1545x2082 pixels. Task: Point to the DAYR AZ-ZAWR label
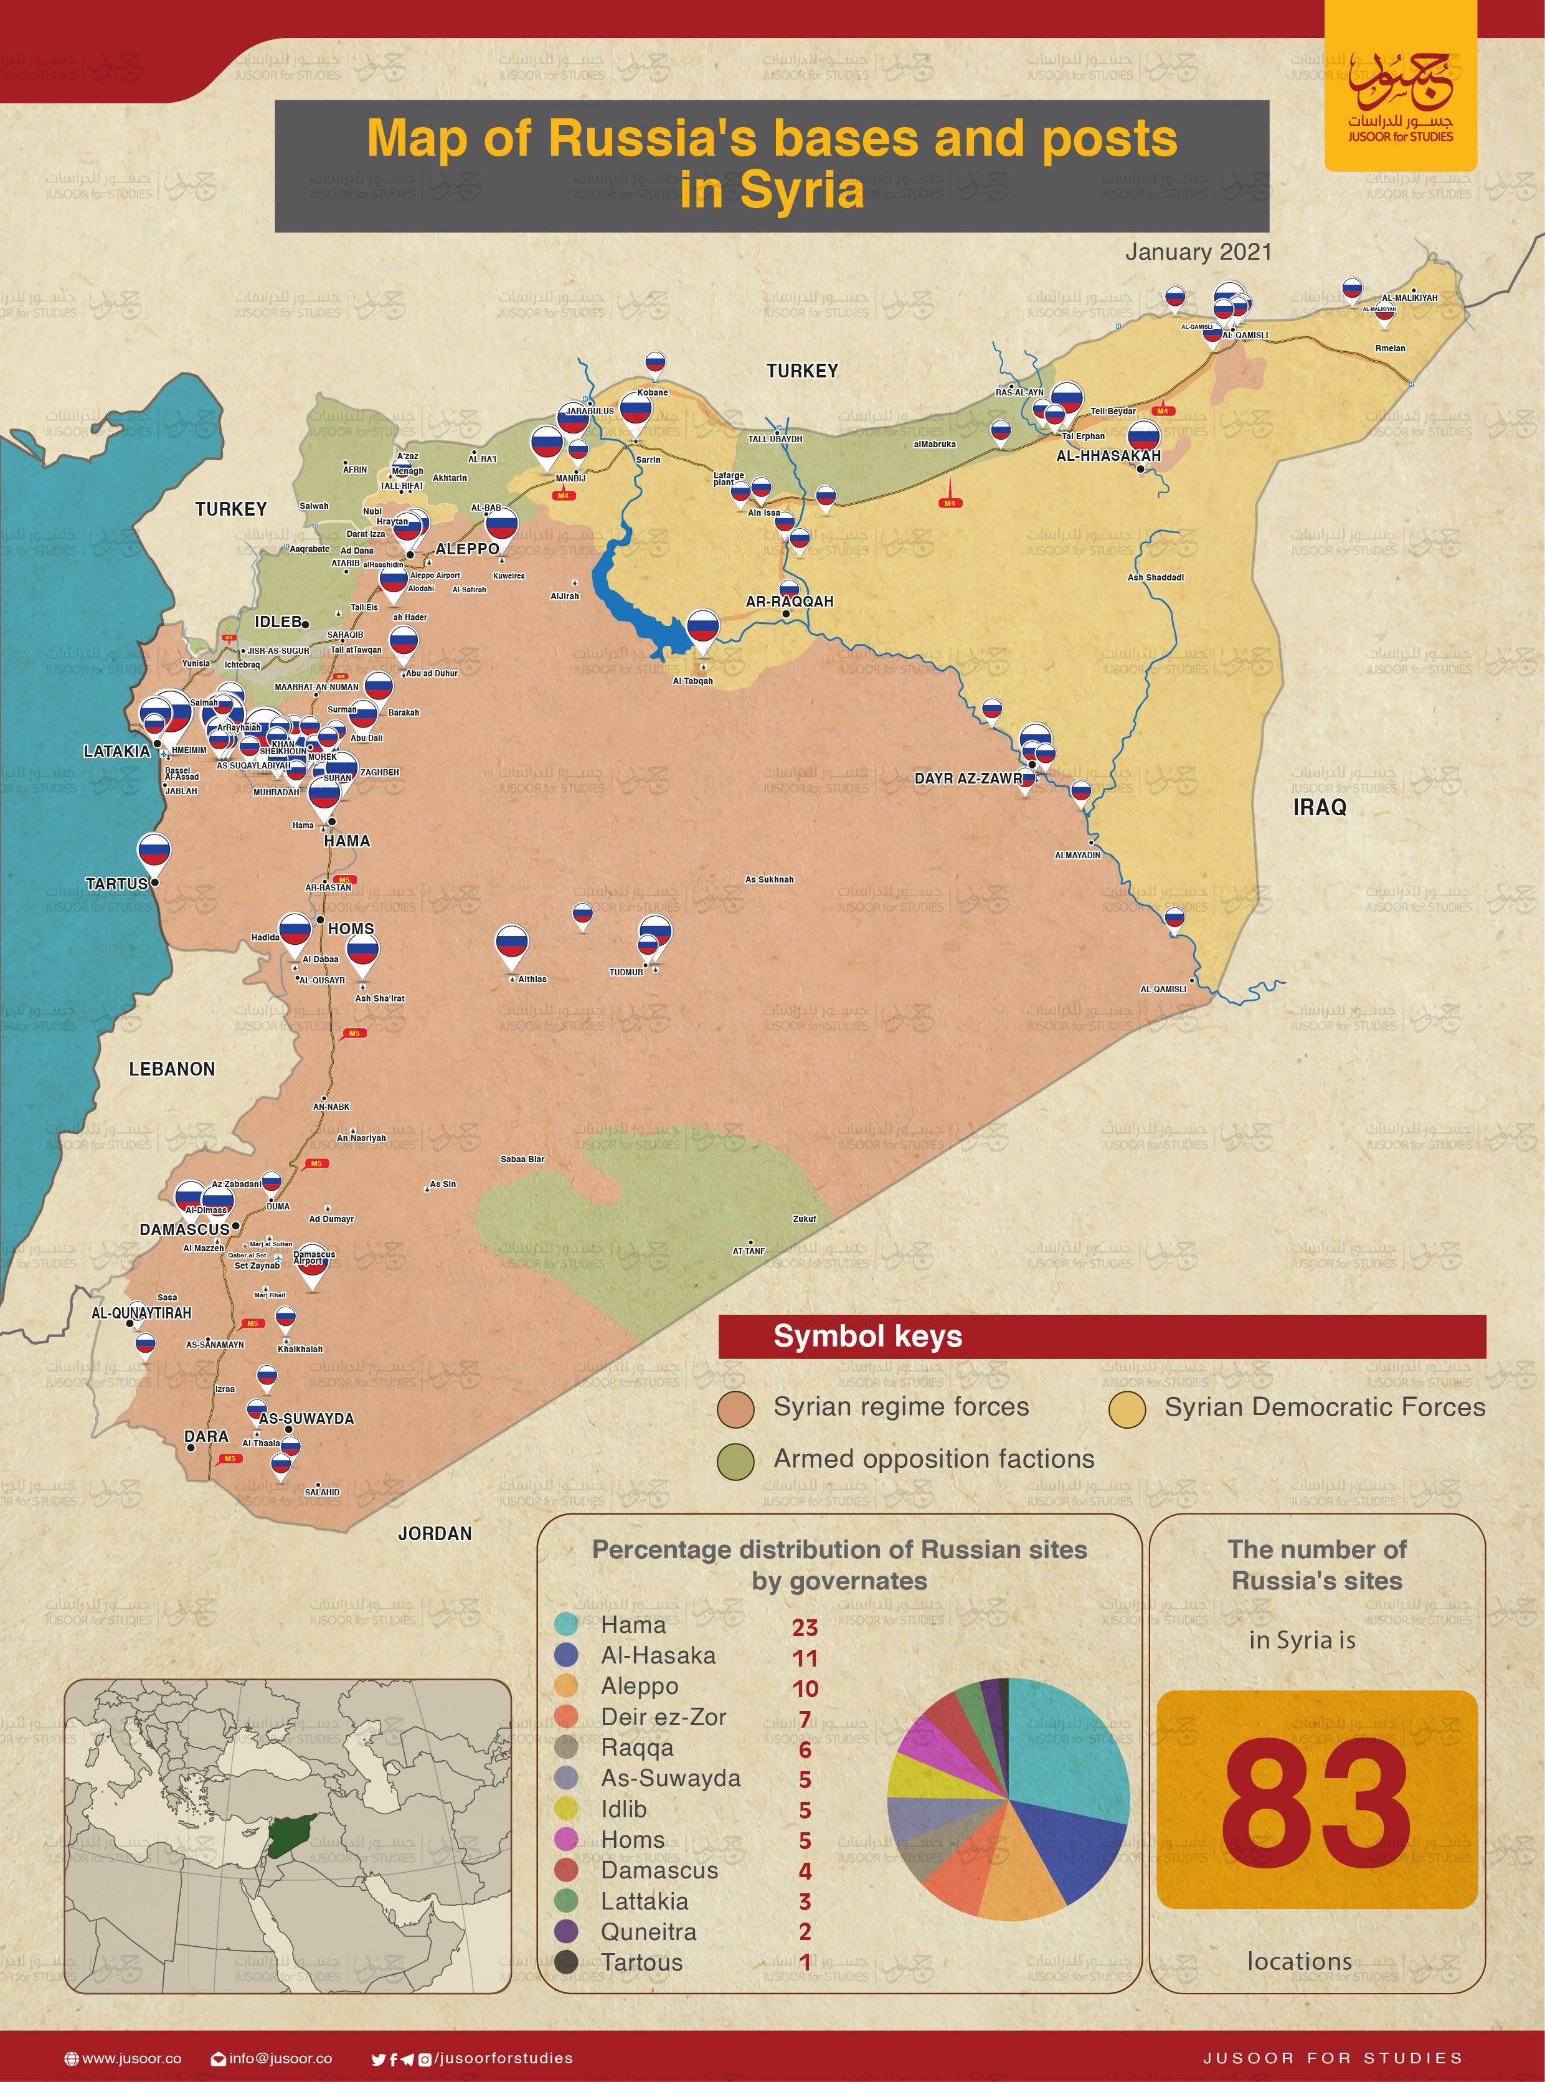click(967, 778)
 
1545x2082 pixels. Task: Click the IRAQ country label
click(1319, 807)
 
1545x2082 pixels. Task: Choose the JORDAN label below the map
click(435, 1533)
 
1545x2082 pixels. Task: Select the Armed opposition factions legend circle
click(735, 1461)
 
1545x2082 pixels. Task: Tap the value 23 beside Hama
click(805, 1627)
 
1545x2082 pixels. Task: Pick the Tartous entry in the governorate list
click(641, 1962)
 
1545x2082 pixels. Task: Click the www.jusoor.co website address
click(131, 2058)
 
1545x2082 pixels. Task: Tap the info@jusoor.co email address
click(280, 2058)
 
